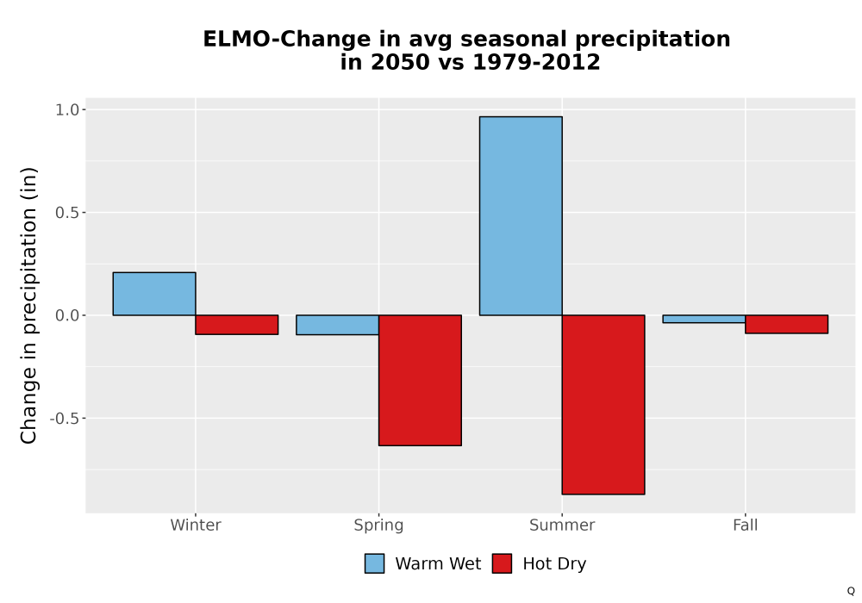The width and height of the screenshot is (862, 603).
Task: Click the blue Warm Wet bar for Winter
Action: pyautogui.click(x=154, y=294)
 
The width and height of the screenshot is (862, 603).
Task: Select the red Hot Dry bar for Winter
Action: pyautogui.click(x=237, y=325)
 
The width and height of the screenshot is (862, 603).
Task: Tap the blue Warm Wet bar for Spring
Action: pyautogui.click(x=338, y=325)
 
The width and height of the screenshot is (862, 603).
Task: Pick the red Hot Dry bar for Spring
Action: pyautogui.click(x=420, y=380)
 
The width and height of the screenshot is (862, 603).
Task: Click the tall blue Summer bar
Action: pyautogui.click(x=521, y=216)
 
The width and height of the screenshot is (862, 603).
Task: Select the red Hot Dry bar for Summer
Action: pyautogui.click(x=603, y=405)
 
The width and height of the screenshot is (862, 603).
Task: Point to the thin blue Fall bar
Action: pyautogui.click(x=704, y=319)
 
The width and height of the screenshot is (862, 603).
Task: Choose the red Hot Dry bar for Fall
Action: pyautogui.click(x=787, y=324)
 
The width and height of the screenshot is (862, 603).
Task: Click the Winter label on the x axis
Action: pyautogui.click(x=196, y=525)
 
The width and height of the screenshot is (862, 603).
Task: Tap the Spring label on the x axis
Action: pyautogui.click(x=378, y=525)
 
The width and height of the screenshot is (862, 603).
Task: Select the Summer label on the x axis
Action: pyautogui.click(x=562, y=525)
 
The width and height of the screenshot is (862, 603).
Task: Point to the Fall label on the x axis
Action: pyautogui.click(x=746, y=525)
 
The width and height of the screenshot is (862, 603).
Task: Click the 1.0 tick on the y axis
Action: pyautogui.click(x=67, y=110)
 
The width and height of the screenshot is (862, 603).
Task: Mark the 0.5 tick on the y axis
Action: pyautogui.click(x=67, y=213)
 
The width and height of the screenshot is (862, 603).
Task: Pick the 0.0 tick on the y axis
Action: pyautogui.click(x=67, y=315)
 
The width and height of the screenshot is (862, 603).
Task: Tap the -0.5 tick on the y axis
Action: pyautogui.click(x=65, y=419)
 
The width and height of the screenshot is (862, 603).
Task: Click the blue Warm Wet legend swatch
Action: pyautogui.click(x=374, y=563)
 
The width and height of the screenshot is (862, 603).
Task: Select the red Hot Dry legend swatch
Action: pyautogui.click(x=502, y=563)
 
